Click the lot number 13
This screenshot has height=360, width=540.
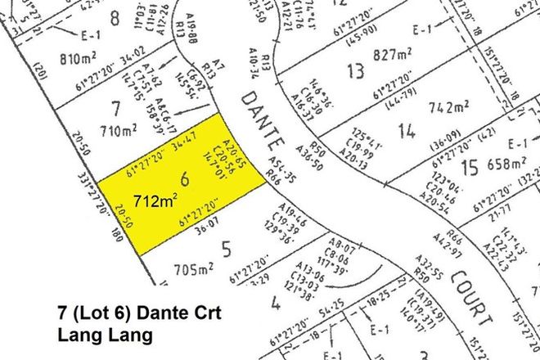tap(354, 72)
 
